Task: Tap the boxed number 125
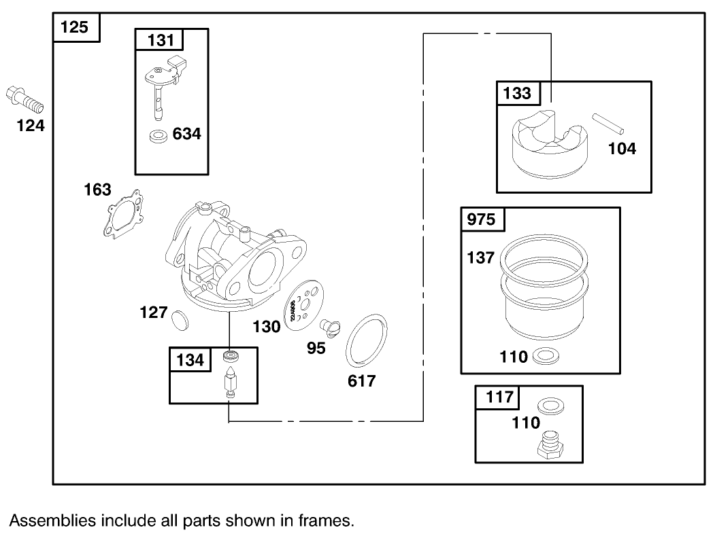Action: [76, 28]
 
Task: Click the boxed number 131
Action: [161, 40]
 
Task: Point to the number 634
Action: [186, 134]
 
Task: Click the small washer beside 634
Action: [159, 136]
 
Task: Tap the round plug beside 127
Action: [180, 317]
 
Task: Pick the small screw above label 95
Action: [331, 329]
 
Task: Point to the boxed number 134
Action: [190, 359]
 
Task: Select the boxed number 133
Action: [517, 93]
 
